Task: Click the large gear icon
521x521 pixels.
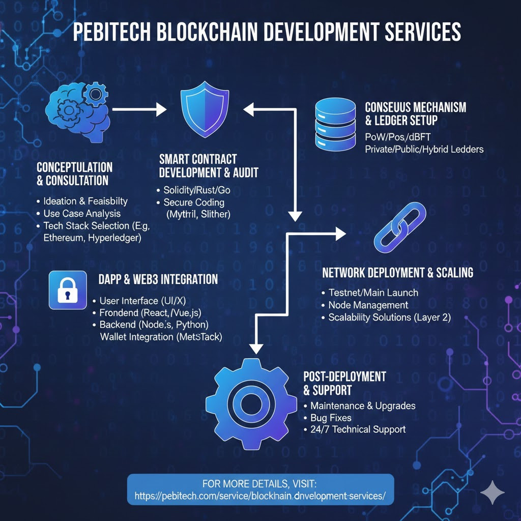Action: point(251,403)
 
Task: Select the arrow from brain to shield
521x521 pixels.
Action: point(139,108)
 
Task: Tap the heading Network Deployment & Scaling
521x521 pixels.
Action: point(397,273)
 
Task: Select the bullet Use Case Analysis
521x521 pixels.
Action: point(82,213)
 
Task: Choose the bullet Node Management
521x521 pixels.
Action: point(368,305)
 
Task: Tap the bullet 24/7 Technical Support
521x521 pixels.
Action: point(358,429)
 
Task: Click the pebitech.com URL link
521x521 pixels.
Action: point(260,495)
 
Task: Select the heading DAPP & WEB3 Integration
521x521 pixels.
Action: point(158,279)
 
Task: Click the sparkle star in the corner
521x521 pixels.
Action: point(492,491)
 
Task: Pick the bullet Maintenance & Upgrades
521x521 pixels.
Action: point(363,406)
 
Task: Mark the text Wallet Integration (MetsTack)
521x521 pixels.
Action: point(161,337)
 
